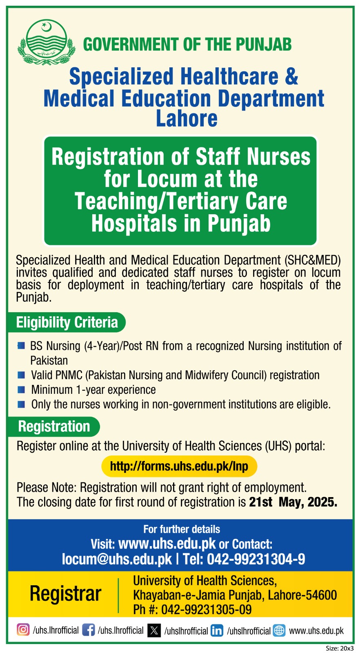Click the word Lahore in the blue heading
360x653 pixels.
click(x=187, y=118)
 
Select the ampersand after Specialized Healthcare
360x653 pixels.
click(x=291, y=76)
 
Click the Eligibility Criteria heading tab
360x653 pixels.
click(x=67, y=322)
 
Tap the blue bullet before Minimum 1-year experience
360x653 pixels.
click(x=21, y=390)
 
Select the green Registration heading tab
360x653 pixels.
click(x=54, y=426)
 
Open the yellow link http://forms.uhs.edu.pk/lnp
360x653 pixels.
click(x=179, y=466)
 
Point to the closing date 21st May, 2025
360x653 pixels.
click(x=293, y=502)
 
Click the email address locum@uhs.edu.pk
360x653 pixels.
click(x=117, y=559)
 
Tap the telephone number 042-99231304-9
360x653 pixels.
click(x=256, y=559)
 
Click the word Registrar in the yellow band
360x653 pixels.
click(x=65, y=593)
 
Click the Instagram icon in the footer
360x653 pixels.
click(x=23, y=630)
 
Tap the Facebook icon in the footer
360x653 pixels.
click(x=88, y=630)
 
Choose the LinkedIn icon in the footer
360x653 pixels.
click(x=217, y=631)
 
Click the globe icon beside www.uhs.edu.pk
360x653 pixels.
click(x=279, y=631)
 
